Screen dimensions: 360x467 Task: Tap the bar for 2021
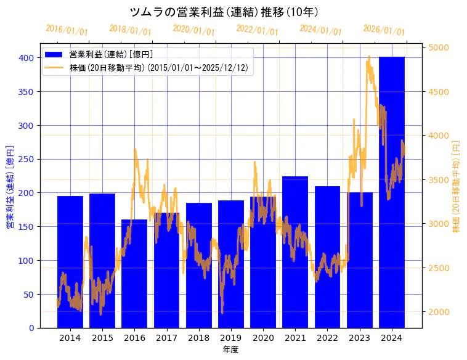point(295,252)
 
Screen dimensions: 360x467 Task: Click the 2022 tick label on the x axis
point(327,338)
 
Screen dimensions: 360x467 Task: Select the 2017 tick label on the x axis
point(166,338)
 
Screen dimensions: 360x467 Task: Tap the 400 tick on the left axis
point(26,58)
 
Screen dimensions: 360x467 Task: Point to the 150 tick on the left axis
point(26,227)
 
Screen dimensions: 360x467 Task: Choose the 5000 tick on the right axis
point(439,47)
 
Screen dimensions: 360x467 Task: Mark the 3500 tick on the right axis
point(439,180)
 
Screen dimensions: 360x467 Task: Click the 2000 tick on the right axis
point(439,312)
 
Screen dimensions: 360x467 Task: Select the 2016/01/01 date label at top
point(67,30)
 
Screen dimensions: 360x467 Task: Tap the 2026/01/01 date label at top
point(384,30)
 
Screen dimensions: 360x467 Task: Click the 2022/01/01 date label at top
point(257,30)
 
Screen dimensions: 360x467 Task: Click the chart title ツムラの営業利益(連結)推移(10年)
point(224,12)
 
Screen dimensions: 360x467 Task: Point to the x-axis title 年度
point(230,350)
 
